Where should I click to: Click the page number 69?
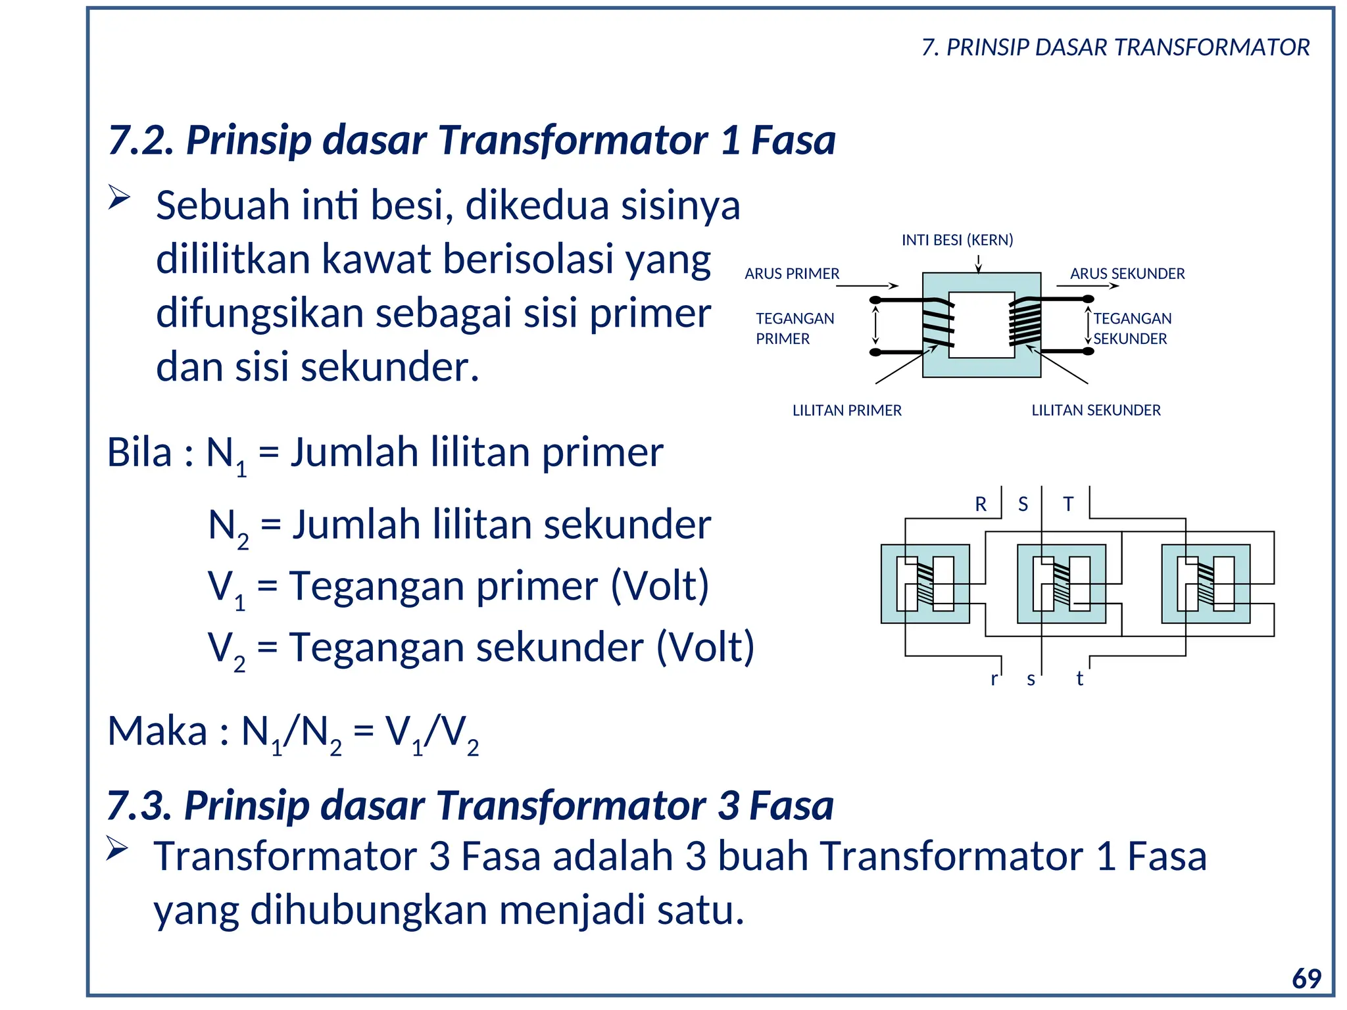click(1306, 978)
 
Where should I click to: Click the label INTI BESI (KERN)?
click(957, 240)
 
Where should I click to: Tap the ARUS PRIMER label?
click(792, 274)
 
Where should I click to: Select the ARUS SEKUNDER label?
click(1127, 274)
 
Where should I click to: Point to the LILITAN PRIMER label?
click(846, 410)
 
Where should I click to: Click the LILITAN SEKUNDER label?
click(1096, 410)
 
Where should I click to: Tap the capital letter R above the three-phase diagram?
click(981, 504)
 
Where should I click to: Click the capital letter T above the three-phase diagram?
click(1068, 504)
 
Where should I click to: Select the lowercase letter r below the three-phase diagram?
click(994, 679)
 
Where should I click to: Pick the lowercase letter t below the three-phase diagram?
click(1079, 679)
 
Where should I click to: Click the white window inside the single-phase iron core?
click(981, 325)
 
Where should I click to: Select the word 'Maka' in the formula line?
click(157, 731)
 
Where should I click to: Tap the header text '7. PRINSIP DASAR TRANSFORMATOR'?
click(1115, 47)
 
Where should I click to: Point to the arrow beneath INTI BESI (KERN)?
click(978, 263)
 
